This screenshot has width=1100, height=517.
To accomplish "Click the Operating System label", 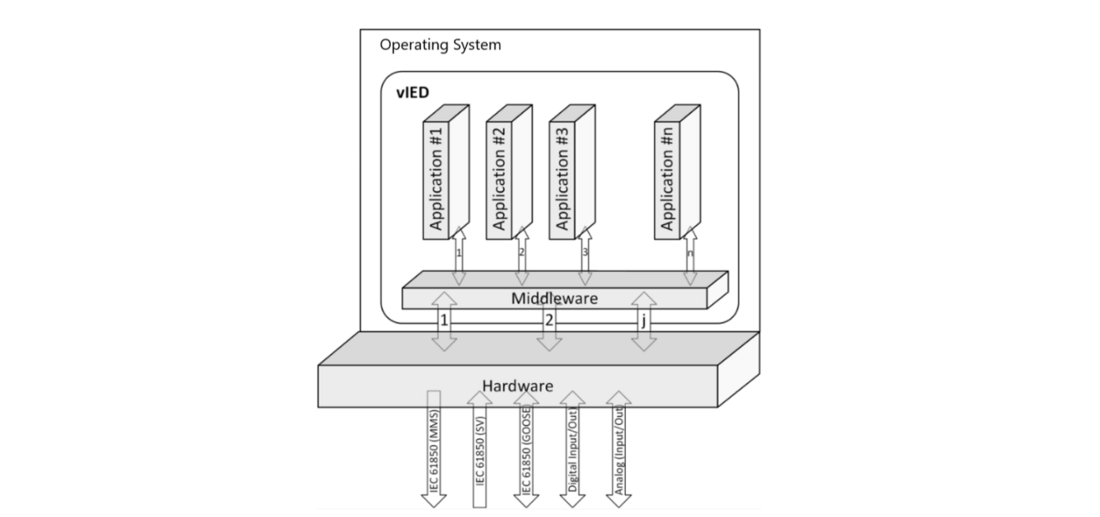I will click(441, 45).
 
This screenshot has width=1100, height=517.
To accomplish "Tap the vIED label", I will click(413, 92).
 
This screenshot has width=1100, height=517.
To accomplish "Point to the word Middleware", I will click(555, 298).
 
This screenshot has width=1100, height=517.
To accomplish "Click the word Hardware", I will click(518, 384).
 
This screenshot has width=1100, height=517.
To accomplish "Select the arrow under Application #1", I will click(459, 255).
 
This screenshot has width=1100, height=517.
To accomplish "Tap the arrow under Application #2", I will click(521, 255).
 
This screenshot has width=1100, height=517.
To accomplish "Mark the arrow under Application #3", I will click(585, 255).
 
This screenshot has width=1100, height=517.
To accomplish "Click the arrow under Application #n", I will click(689, 255).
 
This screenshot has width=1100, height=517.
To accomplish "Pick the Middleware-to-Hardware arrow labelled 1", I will click(443, 321).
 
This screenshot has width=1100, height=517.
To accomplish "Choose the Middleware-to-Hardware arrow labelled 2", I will click(549, 321).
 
